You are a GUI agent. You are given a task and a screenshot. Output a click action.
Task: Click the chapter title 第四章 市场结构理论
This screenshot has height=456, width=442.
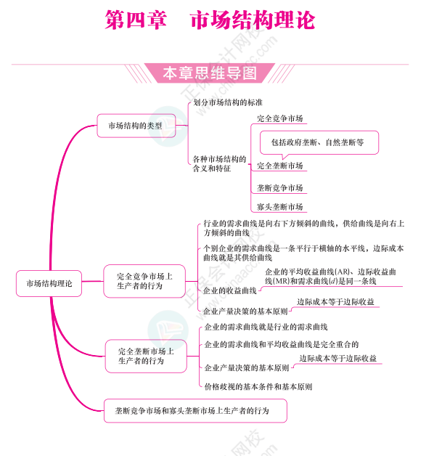click(x=210, y=20)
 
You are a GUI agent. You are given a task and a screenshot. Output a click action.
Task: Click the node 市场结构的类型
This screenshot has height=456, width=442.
click(x=135, y=126)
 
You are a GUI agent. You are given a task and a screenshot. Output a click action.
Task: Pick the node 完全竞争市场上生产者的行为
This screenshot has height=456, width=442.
click(x=144, y=281)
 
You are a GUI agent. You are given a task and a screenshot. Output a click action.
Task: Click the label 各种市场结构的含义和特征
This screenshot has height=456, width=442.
click(x=219, y=163)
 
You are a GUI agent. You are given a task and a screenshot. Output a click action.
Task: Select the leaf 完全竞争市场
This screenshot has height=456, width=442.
click(x=279, y=118)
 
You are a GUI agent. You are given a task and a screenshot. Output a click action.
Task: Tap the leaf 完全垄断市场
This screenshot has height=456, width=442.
click(x=279, y=166)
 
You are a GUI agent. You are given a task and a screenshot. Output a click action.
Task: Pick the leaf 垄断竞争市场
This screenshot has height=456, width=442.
click(x=279, y=188)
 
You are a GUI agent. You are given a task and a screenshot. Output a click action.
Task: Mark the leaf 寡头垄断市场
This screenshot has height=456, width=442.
click(x=279, y=207)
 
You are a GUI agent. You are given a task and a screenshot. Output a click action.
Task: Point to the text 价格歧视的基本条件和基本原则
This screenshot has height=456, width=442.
click(x=258, y=387)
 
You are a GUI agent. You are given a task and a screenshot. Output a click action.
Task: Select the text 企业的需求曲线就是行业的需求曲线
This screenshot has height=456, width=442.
click(x=266, y=327)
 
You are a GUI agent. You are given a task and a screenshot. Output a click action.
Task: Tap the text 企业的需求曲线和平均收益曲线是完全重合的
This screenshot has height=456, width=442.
click(x=281, y=344)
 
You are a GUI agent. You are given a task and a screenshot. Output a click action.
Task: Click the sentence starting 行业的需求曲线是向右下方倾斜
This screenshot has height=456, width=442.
click(x=303, y=228)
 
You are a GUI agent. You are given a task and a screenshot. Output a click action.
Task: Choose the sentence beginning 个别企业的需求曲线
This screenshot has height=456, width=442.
click(x=303, y=253)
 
